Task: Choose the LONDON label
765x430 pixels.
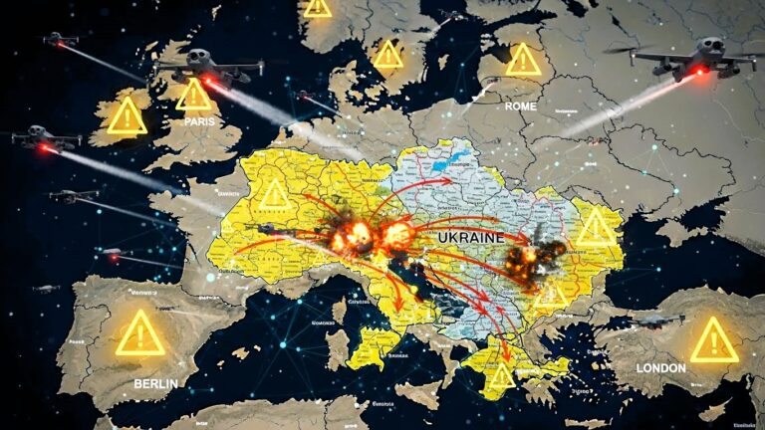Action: click(x=659, y=367)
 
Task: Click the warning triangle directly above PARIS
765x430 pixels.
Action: click(x=194, y=95)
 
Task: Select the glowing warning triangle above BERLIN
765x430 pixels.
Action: click(x=139, y=334)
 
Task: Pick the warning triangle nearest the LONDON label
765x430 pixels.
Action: click(x=713, y=341)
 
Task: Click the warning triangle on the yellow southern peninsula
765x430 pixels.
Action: click(x=501, y=375)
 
